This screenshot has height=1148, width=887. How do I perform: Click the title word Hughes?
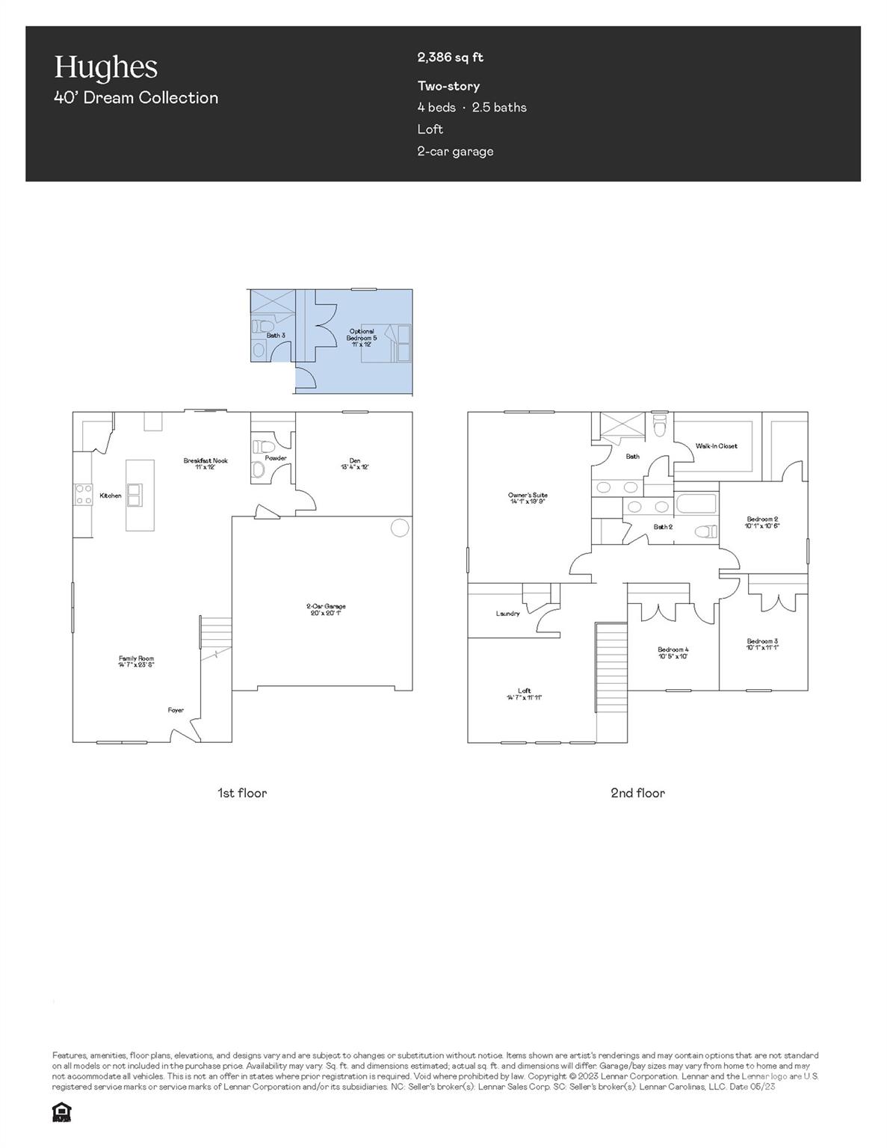tap(105, 67)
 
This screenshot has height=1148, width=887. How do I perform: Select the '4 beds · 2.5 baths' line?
tap(472, 108)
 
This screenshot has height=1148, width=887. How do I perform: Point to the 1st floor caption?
tap(241, 793)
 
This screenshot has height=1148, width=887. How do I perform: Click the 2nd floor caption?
tap(637, 793)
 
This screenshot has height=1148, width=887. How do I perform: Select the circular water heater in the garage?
tap(400, 528)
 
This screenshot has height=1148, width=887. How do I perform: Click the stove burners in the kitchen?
tap(82, 495)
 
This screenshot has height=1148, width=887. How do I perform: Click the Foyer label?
tap(176, 710)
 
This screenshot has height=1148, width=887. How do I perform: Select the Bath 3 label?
tap(276, 336)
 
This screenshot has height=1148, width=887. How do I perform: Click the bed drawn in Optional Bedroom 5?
tap(388, 343)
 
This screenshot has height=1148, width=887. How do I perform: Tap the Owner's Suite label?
tap(528, 498)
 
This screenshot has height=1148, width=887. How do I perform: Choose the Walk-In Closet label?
tap(716, 446)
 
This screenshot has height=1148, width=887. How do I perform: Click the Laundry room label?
tap(507, 614)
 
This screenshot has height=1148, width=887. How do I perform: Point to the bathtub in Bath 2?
tap(696, 503)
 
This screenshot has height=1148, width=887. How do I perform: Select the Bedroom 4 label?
tap(673, 652)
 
